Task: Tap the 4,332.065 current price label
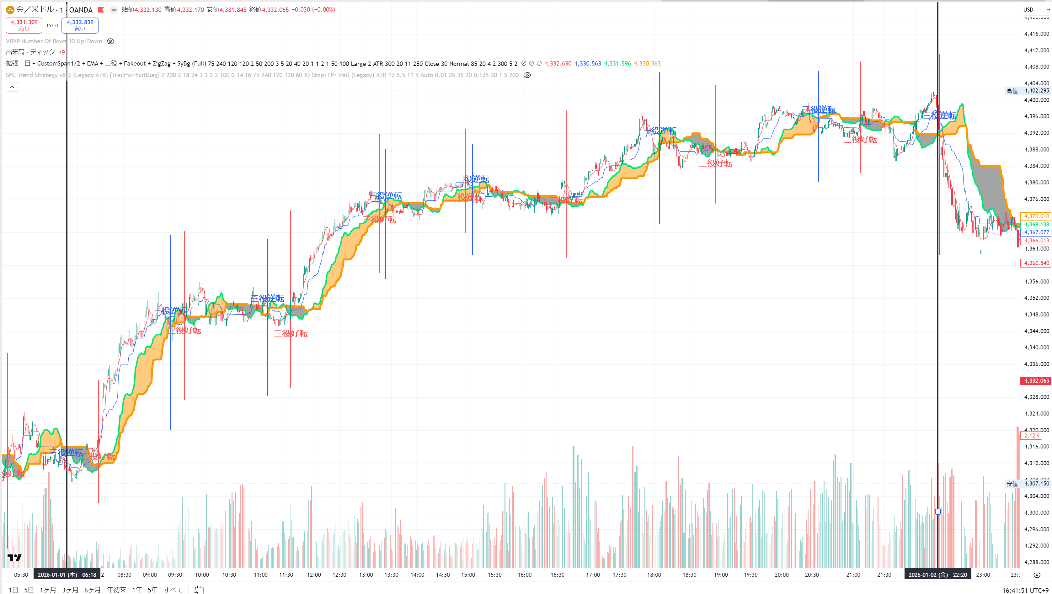coord(1036,380)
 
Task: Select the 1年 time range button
coord(137,590)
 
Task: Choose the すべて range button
coord(173,590)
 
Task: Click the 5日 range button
coord(29,590)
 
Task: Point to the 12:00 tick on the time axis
coord(314,575)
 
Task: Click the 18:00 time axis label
coord(654,575)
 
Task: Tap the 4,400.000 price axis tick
coord(1036,100)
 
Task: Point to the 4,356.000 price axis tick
coord(1036,281)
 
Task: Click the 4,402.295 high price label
coord(1036,91)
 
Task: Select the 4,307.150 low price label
coord(1036,483)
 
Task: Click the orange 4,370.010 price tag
coord(1036,216)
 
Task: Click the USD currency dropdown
coord(1036,9)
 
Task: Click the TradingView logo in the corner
coord(14,558)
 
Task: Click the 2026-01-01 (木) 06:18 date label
coord(67,575)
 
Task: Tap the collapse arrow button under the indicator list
coord(12,87)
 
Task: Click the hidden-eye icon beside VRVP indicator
coord(110,41)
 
